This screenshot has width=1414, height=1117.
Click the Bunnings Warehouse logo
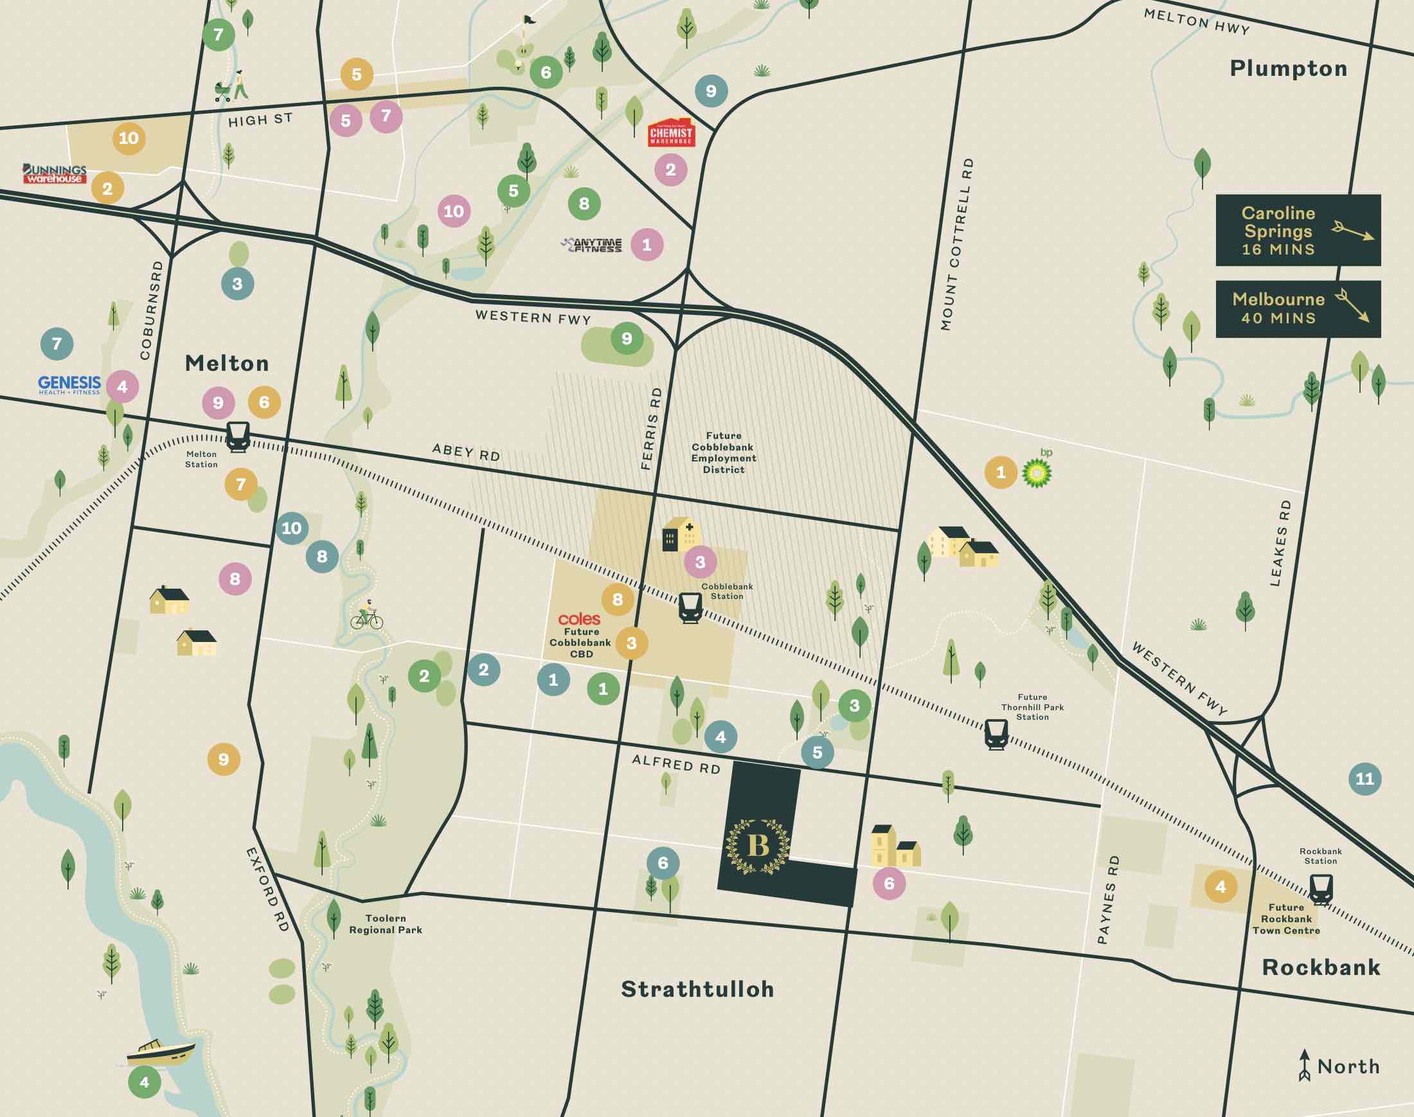[x=54, y=174]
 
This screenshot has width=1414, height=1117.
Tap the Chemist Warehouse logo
[x=670, y=134]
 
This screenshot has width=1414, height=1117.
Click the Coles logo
[x=579, y=619]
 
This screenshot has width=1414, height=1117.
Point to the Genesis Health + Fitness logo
[x=69, y=384]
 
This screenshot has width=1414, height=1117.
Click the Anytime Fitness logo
[x=593, y=246]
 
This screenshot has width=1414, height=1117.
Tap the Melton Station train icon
[x=237, y=436]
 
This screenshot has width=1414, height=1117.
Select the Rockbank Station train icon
[x=1320, y=889]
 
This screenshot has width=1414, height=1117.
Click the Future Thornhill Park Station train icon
[x=996, y=734]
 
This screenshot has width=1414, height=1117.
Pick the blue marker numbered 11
[x=1365, y=778]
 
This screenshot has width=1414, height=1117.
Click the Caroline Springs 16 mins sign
[x=1298, y=230]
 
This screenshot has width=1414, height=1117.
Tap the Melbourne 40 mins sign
[x=1298, y=308]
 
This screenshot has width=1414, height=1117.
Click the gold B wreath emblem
[x=758, y=846]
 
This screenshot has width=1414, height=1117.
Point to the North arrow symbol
[x=1304, y=1066]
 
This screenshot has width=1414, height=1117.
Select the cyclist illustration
[x=367, y=616]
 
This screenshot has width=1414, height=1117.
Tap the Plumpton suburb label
[x=1288, y=68]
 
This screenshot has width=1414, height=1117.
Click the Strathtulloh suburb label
[x=697, y=989]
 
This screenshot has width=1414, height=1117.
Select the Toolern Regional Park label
[x=385, y=924]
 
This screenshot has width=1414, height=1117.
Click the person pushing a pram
[x=232, y=87]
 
